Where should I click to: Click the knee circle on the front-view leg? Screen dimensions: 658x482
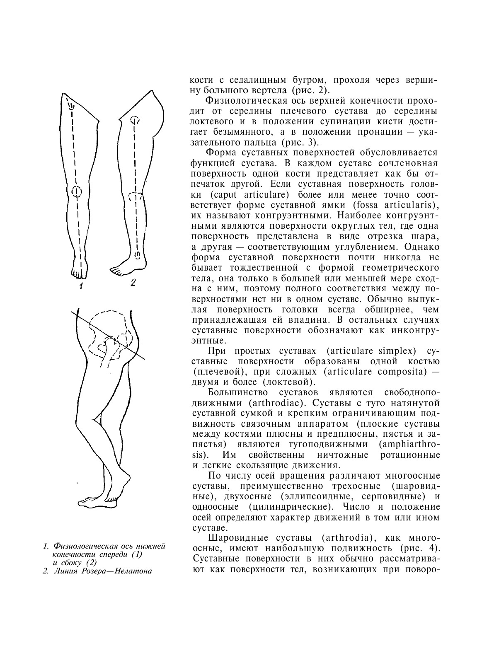click(x=76, y=191)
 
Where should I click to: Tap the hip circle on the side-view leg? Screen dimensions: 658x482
click(x=135, y=121)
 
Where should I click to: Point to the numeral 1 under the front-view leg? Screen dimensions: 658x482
click(x=82, y=285)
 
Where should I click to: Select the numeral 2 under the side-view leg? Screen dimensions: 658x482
click(x=133, y=283)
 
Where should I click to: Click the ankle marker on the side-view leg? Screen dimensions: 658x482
click(x=138, y=256)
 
